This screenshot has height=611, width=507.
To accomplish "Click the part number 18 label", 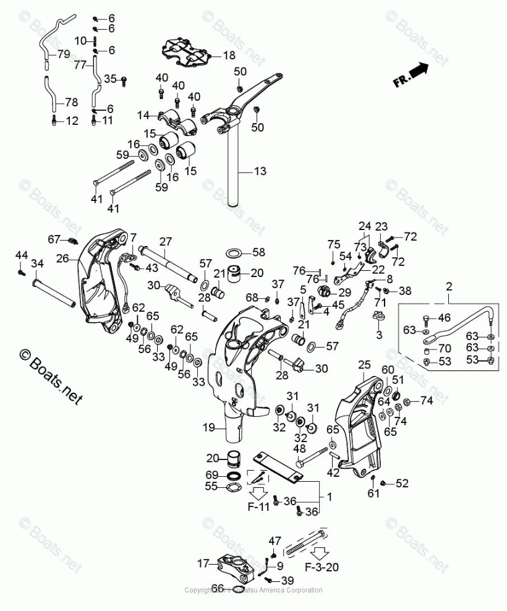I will point(229,56).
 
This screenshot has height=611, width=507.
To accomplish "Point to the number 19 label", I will point(208,427).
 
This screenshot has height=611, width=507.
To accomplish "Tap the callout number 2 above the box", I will point(449,286).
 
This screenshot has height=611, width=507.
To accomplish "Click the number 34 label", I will point(37,264).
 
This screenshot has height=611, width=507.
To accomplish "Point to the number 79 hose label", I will point(64,54).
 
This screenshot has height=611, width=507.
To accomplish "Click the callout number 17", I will point(203,563).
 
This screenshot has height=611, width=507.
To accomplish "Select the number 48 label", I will point(299,448).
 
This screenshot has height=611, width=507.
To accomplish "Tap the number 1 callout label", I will point(329,496).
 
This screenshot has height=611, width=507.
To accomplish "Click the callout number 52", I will point(402,482).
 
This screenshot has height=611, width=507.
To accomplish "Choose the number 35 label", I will point(110,79).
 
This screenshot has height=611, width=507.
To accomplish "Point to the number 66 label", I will point(218,588).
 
